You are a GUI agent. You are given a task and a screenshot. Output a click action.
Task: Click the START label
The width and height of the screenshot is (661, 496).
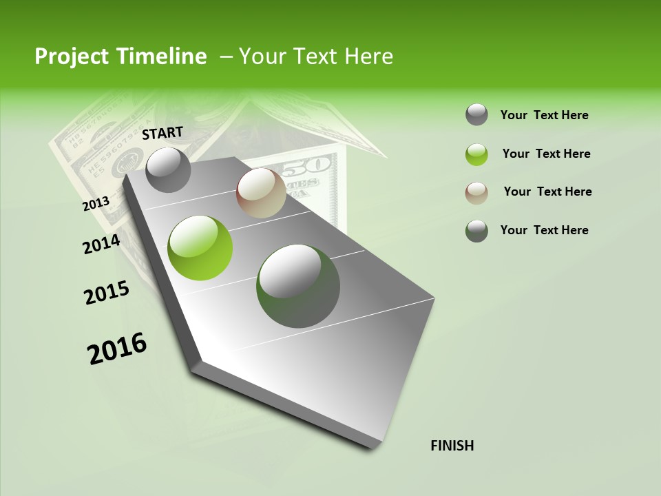pyautogui.click(x=162, y=133)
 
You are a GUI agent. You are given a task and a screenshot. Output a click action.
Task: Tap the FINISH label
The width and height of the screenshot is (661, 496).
pyautogui.click(x=452, y=446)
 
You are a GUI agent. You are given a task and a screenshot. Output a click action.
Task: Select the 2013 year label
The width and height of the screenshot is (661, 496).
pyautogui.click(x=96, y=204)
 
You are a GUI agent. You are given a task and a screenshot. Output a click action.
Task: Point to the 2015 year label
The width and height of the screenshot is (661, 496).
pyautogui.click(x=107, y=293)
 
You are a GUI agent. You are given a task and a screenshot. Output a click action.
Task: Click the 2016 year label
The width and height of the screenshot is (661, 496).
pyautogui.click(x=117, y=349)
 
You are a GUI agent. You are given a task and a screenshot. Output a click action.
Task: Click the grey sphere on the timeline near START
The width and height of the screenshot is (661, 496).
pyautogui.click(x=169, y=169)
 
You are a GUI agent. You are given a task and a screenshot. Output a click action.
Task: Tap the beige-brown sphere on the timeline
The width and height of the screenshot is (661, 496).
pyautogui.click(x=261, y=193)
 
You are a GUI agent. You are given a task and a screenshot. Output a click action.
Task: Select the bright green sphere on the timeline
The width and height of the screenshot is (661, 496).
pyautogui.click(x=200, y=248)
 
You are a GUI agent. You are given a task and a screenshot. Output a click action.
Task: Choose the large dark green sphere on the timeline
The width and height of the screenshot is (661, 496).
pyautogui.click(x=298, y=286)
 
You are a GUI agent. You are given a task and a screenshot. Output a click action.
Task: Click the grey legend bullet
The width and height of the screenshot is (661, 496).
pyautogui.click(x=476, y=115)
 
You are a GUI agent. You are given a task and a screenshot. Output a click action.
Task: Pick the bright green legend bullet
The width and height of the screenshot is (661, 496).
pyautogui.click(x=476, y=154)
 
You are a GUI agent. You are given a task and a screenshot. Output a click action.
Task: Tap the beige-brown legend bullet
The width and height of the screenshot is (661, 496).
pyautogui.click(x=476, y=192)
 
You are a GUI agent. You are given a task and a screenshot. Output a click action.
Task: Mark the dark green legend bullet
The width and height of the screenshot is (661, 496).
pyautogui.click(x=476, y=231)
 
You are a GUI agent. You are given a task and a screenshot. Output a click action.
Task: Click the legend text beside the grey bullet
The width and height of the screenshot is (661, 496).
pyautogui.click(x=544, y=115)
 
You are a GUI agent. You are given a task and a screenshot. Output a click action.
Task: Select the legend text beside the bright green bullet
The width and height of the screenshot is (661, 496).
pyautogui.click(x=546, y=154)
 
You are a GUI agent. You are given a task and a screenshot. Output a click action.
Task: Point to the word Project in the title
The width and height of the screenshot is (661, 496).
pyautogui.click(x=71, y=56)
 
